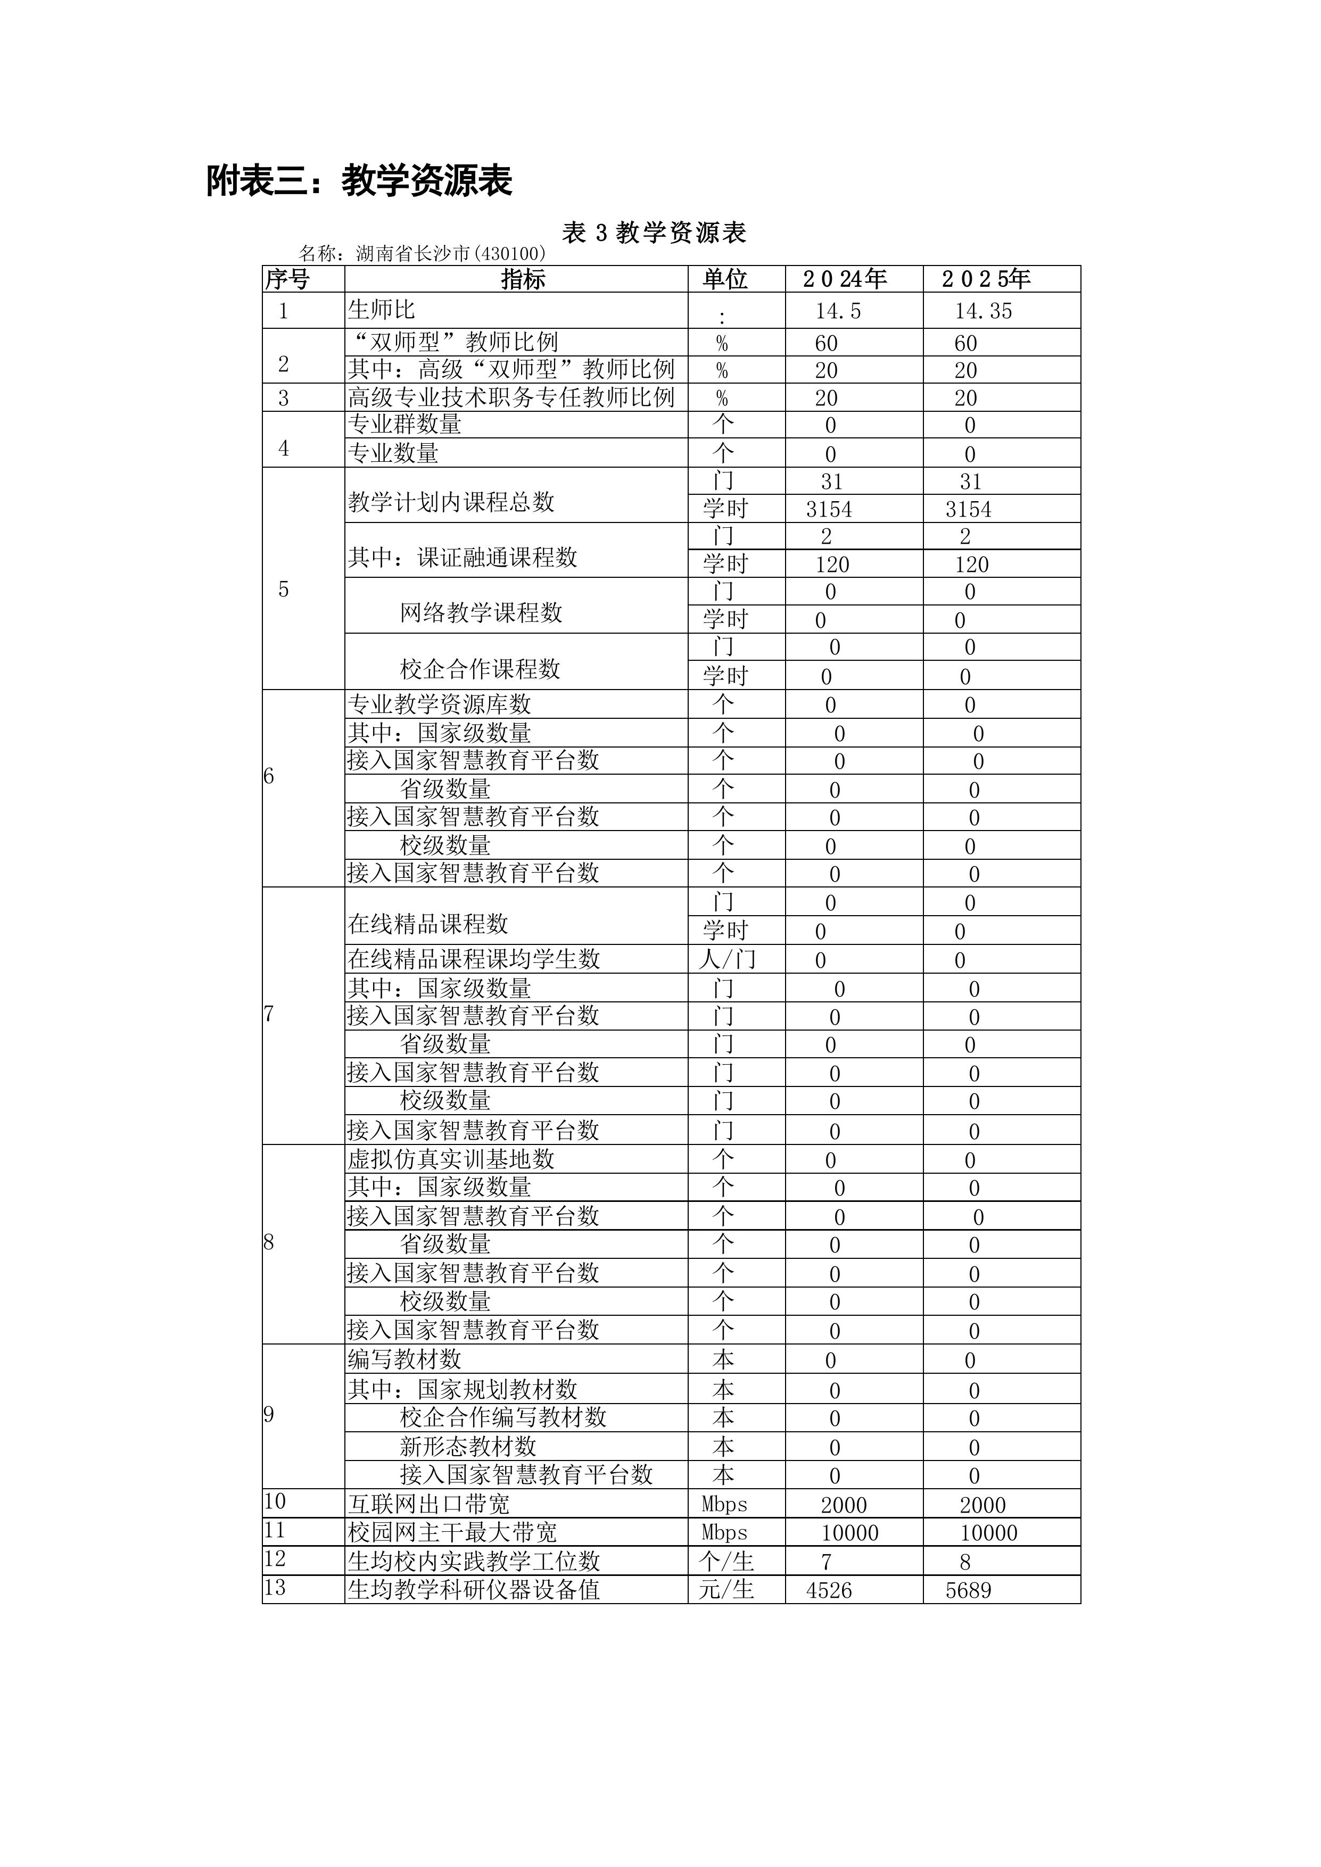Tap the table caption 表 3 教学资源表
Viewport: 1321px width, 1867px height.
(x=654, y=234)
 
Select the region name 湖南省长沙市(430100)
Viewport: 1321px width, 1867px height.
(x=451, y=254)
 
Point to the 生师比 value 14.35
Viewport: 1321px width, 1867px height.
(x=984, y=311)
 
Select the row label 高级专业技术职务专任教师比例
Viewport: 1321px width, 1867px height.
(x=511, y=397)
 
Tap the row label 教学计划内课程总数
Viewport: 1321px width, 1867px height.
(x=451, y=502)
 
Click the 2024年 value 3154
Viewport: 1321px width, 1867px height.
(x=829, y=510)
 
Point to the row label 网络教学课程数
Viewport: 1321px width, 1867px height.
(x=481, y=613)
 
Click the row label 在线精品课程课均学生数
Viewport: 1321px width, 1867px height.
(x=473, y=959)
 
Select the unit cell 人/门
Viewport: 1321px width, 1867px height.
(x=726, y=959)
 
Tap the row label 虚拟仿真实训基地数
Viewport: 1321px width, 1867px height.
(x=451, y=1159)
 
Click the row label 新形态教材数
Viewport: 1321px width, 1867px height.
(x=468, y=1447)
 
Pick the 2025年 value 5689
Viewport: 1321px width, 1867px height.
(x=968, y=1590)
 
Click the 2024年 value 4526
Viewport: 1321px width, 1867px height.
(x=829, y=1590)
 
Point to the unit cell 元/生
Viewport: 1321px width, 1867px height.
(x=726, y=1590)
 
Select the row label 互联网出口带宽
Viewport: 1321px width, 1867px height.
(x=428, y=1504)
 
